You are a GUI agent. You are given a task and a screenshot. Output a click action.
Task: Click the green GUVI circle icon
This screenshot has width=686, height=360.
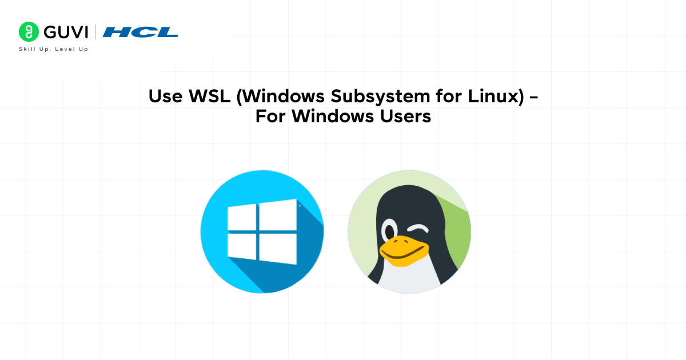(29, 32)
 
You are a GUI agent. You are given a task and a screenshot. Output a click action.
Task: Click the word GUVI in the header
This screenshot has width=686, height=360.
(66, 32)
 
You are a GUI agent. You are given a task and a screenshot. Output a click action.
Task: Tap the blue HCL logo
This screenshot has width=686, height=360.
(140, 32)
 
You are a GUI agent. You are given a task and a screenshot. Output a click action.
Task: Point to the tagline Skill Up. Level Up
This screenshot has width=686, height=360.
(54, 49)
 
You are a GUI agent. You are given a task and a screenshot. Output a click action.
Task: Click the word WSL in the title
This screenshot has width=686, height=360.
(209, 96)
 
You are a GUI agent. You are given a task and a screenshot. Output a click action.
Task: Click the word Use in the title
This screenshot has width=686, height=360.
(165, 96)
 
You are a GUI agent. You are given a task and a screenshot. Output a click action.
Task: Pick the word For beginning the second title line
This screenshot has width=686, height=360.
(270, 117)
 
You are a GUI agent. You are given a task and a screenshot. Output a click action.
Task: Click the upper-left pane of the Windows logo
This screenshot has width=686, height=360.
(242, 218)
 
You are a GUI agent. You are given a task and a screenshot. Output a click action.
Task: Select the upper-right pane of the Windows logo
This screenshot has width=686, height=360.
(278, 215)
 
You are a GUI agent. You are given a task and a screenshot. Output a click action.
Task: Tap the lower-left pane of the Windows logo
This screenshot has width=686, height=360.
(242, 246)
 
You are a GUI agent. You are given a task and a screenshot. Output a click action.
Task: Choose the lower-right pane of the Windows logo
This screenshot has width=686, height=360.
(278, 249)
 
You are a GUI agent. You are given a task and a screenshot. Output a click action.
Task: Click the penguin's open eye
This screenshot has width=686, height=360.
(389, 231)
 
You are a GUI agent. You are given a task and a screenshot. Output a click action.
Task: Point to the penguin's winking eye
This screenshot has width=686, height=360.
(418, 229)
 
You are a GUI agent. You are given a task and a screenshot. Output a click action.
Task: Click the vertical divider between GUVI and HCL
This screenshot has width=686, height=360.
(95, 32)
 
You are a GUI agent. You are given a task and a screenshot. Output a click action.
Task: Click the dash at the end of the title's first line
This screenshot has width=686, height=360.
(533, 97)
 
